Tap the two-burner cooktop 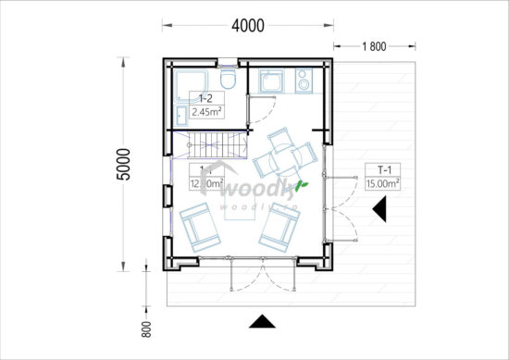click(x=305, y=82)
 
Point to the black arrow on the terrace click(x=379, y=210)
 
